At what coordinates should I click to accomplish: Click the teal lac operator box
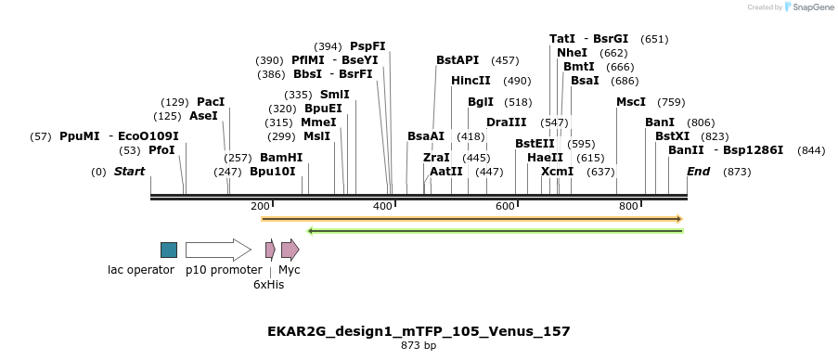(168, 250)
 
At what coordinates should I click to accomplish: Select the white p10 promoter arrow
(217, 250)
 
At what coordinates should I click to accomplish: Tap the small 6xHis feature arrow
(270, 250)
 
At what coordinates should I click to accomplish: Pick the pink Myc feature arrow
(290, 250)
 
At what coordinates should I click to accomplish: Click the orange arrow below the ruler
(471, 219)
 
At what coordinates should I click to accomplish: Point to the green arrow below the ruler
(495, 230)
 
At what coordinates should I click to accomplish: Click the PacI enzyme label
(211, 102)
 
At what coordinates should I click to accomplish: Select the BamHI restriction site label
(281, 158)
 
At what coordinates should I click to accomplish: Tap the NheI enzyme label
(572, 53)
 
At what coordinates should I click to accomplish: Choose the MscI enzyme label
(631, 102)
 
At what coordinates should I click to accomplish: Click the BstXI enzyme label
(672, 136)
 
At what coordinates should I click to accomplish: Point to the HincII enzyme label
(471, 81)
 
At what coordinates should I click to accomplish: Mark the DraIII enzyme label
(506, 122)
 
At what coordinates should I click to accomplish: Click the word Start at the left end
(129, 172)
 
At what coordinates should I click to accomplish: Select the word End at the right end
(698, 172)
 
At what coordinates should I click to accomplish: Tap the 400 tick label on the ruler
(382, 206)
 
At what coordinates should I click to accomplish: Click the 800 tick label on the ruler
(628, 206)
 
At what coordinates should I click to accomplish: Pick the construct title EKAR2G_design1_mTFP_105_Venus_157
(419, 331)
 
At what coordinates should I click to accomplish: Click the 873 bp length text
(419, 346)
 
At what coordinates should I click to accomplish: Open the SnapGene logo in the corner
(806, 7)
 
